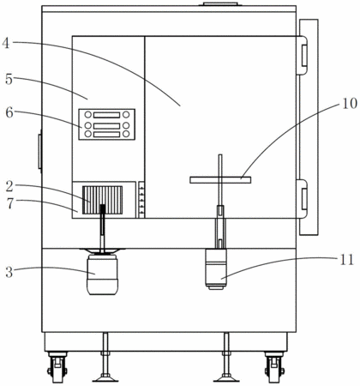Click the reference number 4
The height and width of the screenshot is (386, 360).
(6, 43)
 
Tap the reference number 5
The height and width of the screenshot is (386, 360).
(9, 79)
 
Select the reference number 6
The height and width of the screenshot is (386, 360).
(9, 112)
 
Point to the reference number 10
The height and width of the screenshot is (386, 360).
(350, 103)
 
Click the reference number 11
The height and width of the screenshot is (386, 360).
(347, 260)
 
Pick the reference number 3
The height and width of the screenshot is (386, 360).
(9, 272)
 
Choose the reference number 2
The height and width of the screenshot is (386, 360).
(9, 186)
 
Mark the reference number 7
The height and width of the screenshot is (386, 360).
(10, 203)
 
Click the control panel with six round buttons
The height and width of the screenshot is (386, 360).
(107, 124)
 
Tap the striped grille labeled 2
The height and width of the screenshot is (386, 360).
(102, 200)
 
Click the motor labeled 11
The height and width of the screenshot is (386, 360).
(216, 269)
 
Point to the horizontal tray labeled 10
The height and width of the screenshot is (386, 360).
(220, 180)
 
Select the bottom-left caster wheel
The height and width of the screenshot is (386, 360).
(57, 367)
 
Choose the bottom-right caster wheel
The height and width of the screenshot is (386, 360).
(274, 367)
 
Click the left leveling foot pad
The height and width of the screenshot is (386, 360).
(105, 378)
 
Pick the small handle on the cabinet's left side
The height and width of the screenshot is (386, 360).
(40, 151)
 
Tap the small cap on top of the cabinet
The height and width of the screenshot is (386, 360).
(220, 3)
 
